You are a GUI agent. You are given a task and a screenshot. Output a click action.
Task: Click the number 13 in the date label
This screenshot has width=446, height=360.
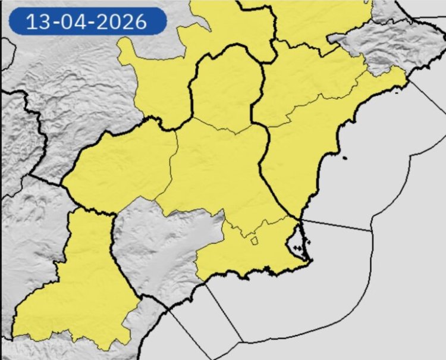pos(36,22)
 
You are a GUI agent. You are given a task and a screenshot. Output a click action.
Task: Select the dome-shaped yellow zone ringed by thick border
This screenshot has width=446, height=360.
pos(226,89)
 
